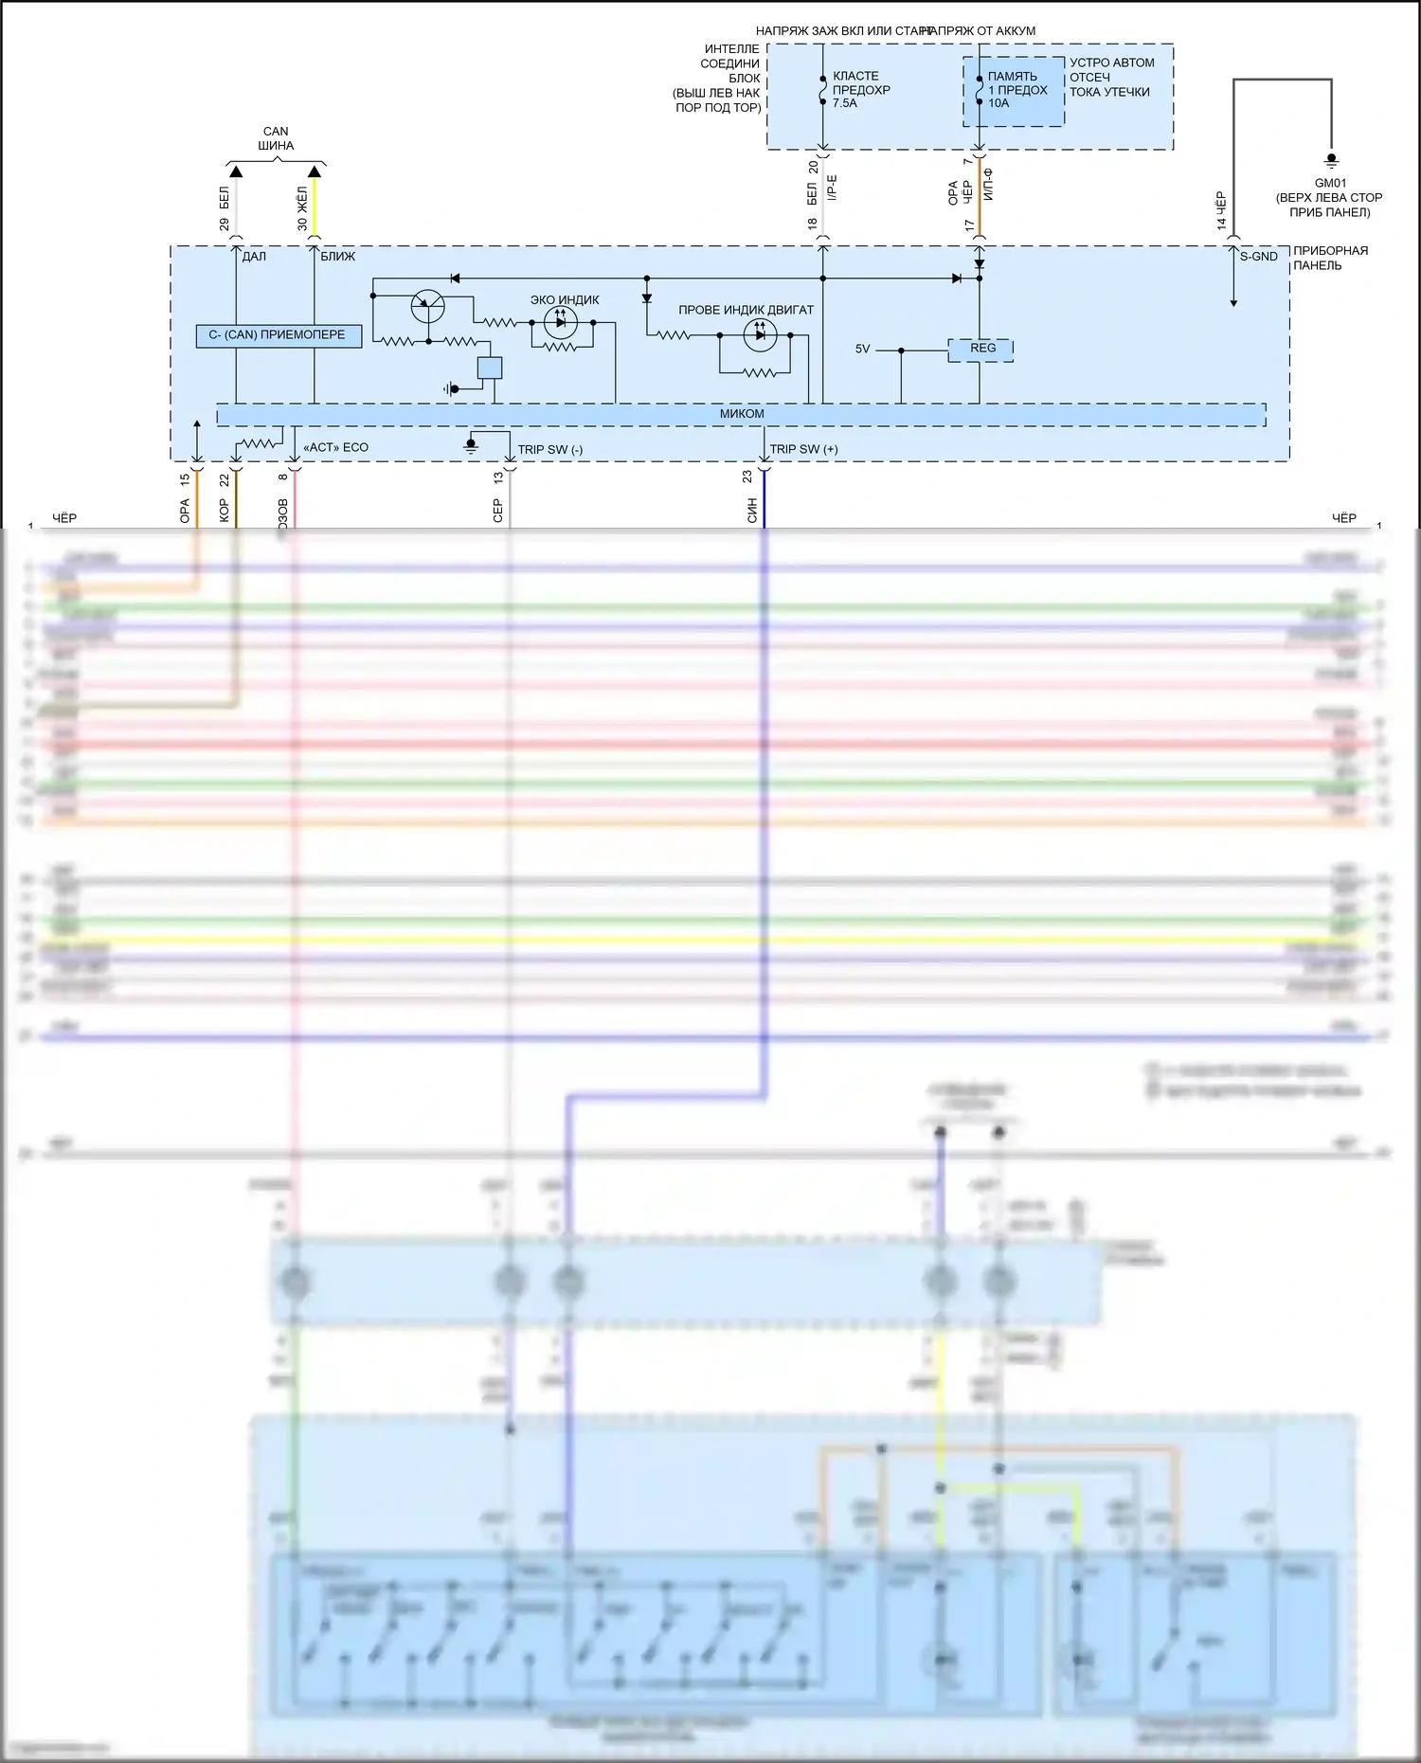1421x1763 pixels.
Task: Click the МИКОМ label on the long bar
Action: (x=742, y=414)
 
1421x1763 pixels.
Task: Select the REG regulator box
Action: (x=981, y=350)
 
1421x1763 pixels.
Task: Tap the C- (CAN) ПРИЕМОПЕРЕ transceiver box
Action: (x=279, y=335)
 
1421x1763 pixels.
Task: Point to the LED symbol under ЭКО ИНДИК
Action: (x=561, y=322)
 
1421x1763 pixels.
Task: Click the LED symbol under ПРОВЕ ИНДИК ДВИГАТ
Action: (x=760, y=334)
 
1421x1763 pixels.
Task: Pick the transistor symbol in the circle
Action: (x=427, y=306)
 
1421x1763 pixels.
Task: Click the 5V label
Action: (x=862, y=350)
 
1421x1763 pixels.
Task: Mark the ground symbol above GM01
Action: (x=1331, y=161)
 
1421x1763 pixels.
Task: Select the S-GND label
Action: (x=1258, y=257)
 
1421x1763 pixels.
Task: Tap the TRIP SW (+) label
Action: (x=803, y=450)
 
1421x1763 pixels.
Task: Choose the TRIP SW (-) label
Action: (x=549, y=450)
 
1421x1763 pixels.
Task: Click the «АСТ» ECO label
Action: (x=335, y=448)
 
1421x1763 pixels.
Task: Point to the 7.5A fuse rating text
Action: (x=845, y=103)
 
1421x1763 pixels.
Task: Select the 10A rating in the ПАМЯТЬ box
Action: (x=998, y=103)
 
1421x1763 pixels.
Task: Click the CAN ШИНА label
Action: (x=276, y=138)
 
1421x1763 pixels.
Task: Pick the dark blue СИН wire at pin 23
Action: (x=764, y=497)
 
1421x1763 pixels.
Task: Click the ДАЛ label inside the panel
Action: (x=254, y=257)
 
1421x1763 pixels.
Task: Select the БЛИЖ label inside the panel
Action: (x=338, y=257)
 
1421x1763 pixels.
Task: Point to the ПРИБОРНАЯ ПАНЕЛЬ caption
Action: (x=1330, y=258)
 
